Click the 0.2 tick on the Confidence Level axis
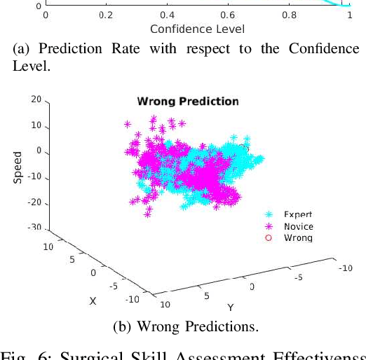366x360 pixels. [x=106, y=14]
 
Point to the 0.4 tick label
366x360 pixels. [x=167, y=14]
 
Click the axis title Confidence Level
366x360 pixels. [x=197, y=29]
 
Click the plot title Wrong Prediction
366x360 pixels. [x=187, y=102]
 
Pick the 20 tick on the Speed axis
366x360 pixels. [x=36, y=100]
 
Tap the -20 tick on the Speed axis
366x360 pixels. [x=34, y=203]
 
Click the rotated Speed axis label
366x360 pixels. [x=18, y=167]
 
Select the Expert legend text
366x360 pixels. [x=298, y=214]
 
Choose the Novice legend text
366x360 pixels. [x=298, y=226]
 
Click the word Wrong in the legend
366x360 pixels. [x=298, y=238]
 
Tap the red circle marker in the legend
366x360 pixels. [x=269, y=238]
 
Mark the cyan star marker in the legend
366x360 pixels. [x=269, y=214]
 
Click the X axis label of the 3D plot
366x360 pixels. [x=92, y=300]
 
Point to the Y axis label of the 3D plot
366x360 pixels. [x=230, y=307]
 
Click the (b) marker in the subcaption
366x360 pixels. [x=122, y=327]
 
